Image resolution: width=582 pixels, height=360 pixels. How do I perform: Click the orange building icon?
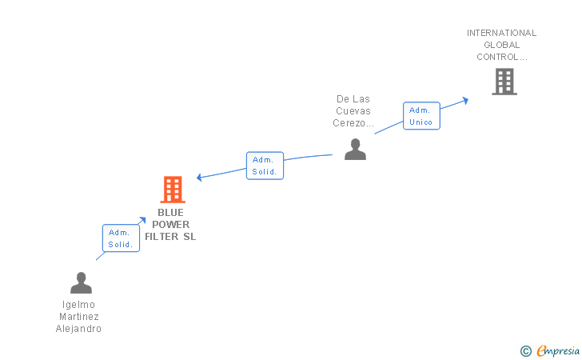pos(173,190)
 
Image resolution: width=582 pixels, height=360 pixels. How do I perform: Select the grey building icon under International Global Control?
pos(504,82)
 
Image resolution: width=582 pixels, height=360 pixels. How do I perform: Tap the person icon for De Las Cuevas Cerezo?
pos(355,150)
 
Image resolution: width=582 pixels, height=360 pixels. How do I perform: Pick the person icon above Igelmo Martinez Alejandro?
pos(81,283)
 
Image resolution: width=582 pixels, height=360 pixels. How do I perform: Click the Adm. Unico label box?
pos(421,116)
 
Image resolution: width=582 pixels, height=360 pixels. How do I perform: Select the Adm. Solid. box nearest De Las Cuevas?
pos(265,166)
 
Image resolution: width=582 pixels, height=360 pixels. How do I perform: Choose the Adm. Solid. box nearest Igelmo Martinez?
pos(121,238)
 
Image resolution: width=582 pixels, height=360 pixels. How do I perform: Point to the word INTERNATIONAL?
pos(501,33)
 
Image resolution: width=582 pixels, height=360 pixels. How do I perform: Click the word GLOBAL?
pos(501,45)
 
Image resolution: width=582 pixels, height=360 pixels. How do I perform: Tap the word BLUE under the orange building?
pos(170,213)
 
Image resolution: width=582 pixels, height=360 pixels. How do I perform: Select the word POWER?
pos(170,225)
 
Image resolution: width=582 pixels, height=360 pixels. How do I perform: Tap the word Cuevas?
pos(353,111)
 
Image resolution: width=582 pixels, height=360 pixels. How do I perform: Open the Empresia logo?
pos(554,350)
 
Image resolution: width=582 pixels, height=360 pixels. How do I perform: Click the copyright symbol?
pos(525,350)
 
